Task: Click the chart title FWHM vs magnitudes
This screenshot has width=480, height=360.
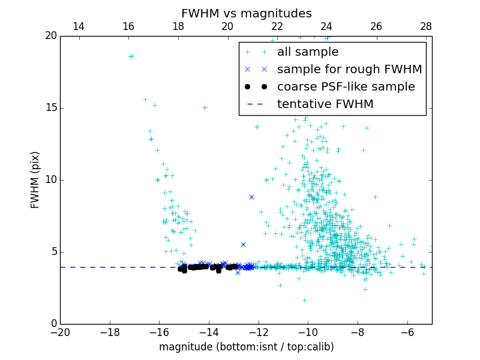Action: coord(246,13)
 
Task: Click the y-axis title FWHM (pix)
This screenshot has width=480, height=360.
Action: coord(35,180)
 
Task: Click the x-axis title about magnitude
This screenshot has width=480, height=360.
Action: coord(246,347)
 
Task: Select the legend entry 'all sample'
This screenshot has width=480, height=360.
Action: coord(307,52)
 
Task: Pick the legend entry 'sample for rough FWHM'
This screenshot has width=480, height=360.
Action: coord(349,70)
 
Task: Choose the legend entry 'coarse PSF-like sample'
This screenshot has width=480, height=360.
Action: coord(346,87)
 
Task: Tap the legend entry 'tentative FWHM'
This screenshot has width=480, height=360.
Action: coord(325,104)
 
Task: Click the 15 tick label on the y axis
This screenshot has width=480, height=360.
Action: coord(50,108)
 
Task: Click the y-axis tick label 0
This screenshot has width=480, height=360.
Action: coord(53,324)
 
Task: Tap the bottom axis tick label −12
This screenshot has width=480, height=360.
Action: coord(258,332)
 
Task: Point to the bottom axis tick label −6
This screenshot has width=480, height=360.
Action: coord(407,332)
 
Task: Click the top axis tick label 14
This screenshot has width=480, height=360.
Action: coord(78,26)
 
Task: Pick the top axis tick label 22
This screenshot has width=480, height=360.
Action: coord(277,26)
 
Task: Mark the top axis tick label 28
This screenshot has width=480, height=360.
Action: coord(425,26)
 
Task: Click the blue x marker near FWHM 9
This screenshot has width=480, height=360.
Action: coord(251,197)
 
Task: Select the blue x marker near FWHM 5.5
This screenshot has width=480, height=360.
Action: coord(243,244)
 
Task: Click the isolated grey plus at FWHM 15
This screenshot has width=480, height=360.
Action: coord(205,108)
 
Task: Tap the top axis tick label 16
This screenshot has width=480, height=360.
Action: coord(128,26)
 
